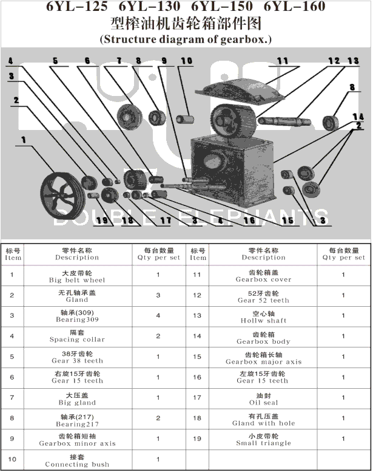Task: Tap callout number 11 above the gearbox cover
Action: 283,61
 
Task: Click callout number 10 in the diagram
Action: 186,61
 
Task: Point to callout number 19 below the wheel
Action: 101,221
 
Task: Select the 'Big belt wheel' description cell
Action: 77,277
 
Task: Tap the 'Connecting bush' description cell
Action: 77,461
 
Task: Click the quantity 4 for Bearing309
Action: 158,316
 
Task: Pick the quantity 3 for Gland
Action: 158,296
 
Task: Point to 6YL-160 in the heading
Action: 295,7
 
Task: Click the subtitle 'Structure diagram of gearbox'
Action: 186,39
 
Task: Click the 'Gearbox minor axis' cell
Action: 77,440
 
